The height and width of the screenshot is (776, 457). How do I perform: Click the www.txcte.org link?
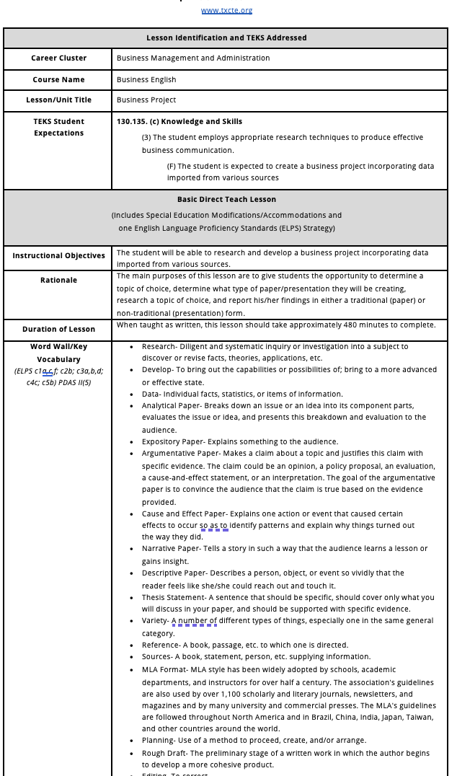(226, 10)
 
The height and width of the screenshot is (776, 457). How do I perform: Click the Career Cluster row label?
(58, 58)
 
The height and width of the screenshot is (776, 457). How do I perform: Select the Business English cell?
(146, 80)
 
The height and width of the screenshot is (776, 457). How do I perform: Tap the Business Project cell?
(146, 100)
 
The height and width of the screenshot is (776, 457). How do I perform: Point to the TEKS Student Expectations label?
(58, 128)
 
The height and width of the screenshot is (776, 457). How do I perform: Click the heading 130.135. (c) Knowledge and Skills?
(179, 122)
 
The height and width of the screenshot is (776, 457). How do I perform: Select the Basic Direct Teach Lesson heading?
(226, 200)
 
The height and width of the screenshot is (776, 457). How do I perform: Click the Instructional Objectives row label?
(58, 256)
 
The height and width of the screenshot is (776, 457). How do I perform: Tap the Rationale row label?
(58, 281)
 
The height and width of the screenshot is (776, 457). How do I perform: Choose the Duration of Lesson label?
(58, 330)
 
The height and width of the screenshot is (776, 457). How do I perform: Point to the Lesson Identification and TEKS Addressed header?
(226, 38)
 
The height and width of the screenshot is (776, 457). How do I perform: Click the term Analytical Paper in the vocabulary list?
(171, 406)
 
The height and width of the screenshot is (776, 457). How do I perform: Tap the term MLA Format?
(162, 670)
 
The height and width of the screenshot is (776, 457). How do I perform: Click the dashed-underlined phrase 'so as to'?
(214, 526)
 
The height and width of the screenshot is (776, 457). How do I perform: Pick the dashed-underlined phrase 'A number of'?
(194, 621)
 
